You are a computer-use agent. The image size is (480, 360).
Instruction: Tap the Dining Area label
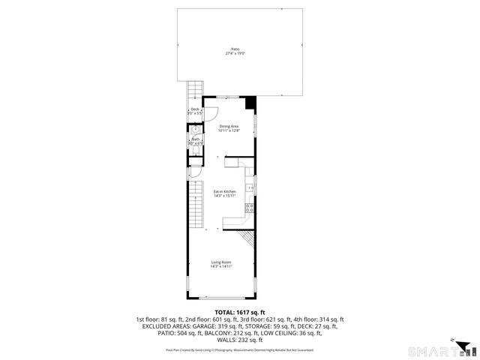click(228, 126)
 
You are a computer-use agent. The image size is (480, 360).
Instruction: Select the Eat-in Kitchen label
click(225, 192)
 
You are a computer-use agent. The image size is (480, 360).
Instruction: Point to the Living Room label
click(220, 262)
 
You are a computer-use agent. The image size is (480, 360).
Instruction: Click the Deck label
click(195, 109)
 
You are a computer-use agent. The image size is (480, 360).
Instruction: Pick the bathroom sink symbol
click(195, 130)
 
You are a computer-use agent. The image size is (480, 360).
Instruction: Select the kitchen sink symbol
click(251, 187)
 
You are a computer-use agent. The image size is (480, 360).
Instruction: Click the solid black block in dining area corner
click(251, 101)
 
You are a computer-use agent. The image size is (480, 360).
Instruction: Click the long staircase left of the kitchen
click(197, 205)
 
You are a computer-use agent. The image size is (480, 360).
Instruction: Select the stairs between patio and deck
click(194, 91)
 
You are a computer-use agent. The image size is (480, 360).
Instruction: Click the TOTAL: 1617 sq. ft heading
click(235, 312)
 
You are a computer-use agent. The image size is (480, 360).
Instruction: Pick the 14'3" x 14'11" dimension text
click(220, 266)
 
